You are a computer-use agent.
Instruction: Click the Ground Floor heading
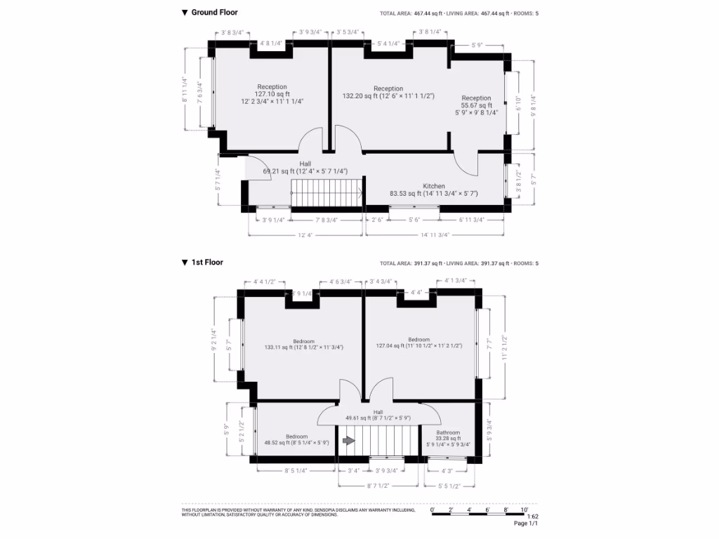coord(214,13)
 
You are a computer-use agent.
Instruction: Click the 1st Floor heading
coord(207,262)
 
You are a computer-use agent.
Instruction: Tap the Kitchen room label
coord(433,186)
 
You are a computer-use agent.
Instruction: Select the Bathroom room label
coord(448,433)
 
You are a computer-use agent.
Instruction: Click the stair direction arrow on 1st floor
coord(348,441)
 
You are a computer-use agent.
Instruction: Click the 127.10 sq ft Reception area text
coord(272,94)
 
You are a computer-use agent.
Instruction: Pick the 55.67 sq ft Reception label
coord(476,105)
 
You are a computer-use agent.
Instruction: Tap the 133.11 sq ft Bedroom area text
coord(304,347)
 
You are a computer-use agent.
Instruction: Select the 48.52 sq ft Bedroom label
coord(296,443)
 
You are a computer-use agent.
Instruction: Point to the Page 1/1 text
coord(526,524)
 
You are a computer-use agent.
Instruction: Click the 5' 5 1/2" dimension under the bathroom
coord(449,485)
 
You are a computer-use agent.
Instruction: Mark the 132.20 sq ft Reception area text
coord(388,96)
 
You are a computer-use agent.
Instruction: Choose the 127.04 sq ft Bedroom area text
coord(418,345)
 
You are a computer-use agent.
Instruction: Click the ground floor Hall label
coord(305,164)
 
